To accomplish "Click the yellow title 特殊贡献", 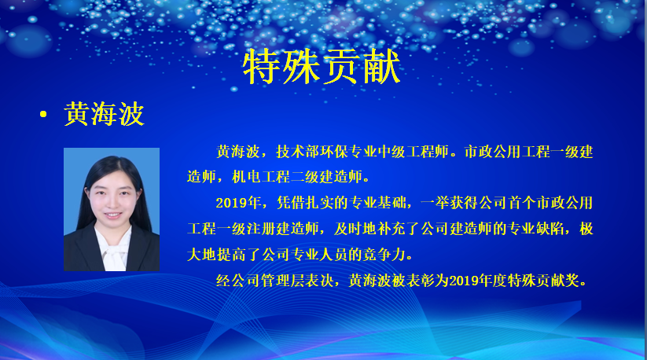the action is pyautogui.click(x=322, y=67).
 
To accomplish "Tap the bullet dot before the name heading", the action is pyautogui.click(x=43, y=115).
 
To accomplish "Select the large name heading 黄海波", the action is pyautogui.click(x=104, y=114).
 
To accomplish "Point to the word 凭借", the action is pyautogui.click(x=291, y=203).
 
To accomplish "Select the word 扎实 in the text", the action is pyautogui.click(x=319, y=203).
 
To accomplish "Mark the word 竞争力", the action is pyautogui.click(x=384, y=255).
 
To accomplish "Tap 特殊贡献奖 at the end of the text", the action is pyautogui.click(x=543, y=281).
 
